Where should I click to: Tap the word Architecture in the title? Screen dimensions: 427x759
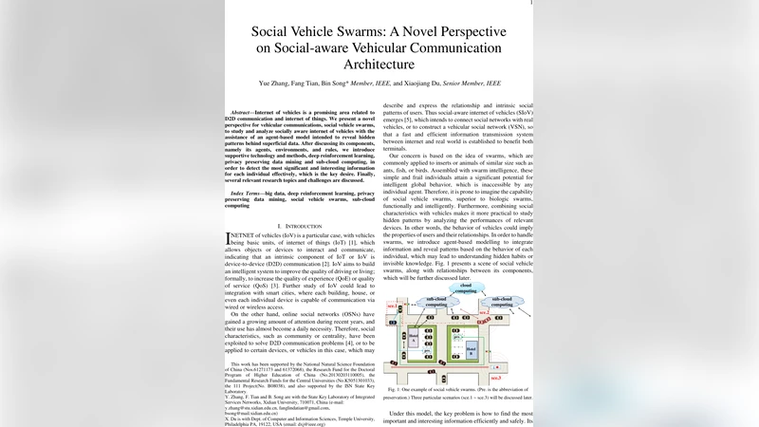(x=379, y=65)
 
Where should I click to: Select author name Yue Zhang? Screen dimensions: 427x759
(x=275, y=84)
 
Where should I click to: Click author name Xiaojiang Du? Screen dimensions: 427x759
(x=410, y=84)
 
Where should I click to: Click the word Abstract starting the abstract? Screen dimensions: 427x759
(x=249, y=111)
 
